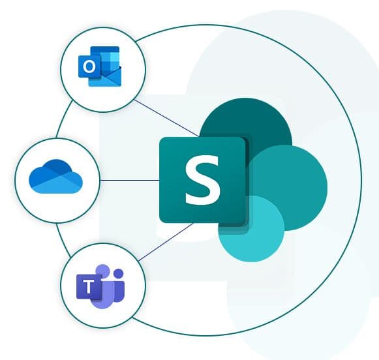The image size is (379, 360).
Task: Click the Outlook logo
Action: click(x=100, y=67)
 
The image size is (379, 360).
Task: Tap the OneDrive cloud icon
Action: click(x=55, y=176)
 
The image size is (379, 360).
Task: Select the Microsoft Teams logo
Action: click(x=100, y=286)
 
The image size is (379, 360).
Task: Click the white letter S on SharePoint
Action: click(x=203, y=180)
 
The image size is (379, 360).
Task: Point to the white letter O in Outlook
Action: click(x=89, y=67)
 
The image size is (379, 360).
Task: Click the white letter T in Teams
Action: click(x=89, y=287)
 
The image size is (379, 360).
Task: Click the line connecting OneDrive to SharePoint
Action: click(x=130, y=180)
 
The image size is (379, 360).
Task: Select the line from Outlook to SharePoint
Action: click(x=166, y=118)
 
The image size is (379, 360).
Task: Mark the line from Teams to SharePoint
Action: click(x=166, y=242)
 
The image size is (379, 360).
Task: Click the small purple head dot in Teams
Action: click(x=119, y=273)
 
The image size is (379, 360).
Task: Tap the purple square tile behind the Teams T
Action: click(x=89, y=287)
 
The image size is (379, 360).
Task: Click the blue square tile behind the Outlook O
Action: click(x=89, y=67)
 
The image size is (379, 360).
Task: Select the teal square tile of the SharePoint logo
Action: click(x=202, y=180)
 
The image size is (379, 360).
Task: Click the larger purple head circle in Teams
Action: click(x=103, y=271)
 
